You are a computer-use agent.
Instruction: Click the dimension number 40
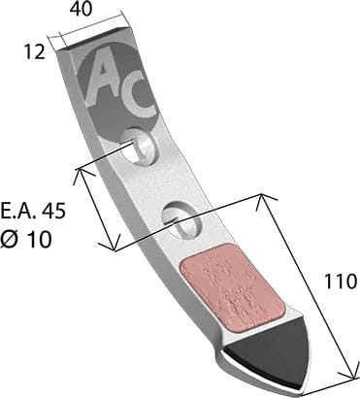pyautogui.click(x=81, y=10)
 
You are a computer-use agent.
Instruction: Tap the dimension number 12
pyautogui.click(x=34, y=51)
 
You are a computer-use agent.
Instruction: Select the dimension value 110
pyautogui.click(x=341, y=282)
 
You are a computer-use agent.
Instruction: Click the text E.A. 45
pyautogui.click(x=33, y=211)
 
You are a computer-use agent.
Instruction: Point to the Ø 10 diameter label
pyautogui.click(x=25, y=240)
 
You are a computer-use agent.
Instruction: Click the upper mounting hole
pyautogui.click(x=138, y=147)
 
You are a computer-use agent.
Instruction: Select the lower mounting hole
pyautogui.click(x=180, y=220)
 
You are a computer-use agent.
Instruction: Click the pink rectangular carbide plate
pyautogui.click(x=233, y=287)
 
